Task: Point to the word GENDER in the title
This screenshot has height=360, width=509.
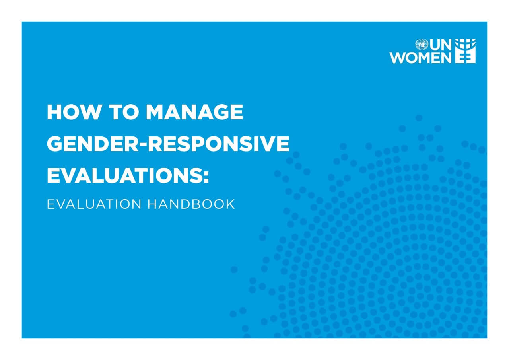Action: (88, 144)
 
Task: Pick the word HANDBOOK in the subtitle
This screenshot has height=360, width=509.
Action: (191, 204)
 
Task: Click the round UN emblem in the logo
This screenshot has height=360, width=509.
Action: (421, 44)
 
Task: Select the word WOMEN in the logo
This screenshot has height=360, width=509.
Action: (420, 57)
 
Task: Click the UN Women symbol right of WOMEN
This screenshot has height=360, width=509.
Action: (465, 51)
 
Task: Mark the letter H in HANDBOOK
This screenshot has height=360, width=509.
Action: (152, 204)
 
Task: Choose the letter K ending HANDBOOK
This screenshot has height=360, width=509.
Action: (230, 204)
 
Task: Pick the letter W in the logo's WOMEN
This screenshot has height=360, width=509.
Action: (398, 57)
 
